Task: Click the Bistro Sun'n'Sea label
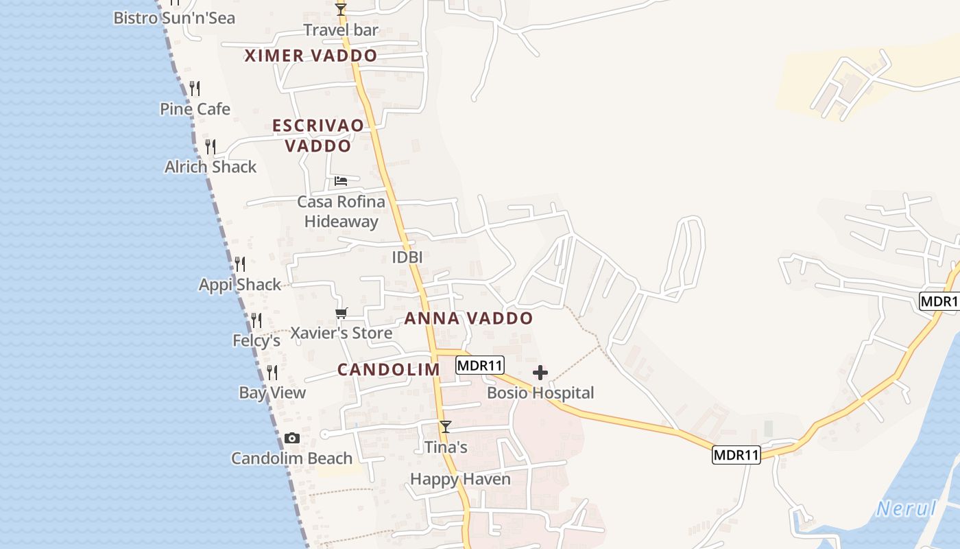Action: pos(174,18)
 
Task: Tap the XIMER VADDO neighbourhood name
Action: pos(311,56)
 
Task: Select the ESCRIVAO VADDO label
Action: pos(318,136)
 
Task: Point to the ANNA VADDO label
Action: pos(468,318)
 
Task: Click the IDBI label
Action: pos(407,257)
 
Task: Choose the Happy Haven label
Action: pos(460,479)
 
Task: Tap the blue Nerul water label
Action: pos(907,509)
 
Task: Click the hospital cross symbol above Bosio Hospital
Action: pos(540,373)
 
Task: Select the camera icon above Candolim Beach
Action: pos(292,439)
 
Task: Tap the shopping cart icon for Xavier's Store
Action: pos(341,314)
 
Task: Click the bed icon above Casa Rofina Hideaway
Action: pos(341,181)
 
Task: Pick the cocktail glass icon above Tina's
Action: pos(446,427)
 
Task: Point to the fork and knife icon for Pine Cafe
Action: pos(195,89)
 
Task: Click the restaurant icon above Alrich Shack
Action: pos(211,146)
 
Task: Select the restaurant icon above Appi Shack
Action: pos(239,264)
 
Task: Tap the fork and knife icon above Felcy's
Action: pos(256,320)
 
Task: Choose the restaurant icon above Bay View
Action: pos(272,373)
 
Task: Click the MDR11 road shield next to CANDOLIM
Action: pos(480,366)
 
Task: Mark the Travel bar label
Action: pos(341,30)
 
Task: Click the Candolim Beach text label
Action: pos(291,458)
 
